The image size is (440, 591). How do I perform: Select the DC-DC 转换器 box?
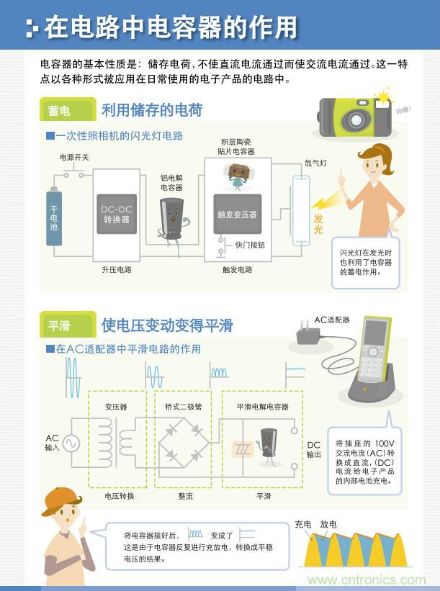[x=115, y=215]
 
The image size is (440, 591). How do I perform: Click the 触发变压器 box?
[x=237, y=214]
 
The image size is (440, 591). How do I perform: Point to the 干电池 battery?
[x=54, y=216]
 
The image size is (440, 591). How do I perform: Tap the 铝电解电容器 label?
[x=171, y=183]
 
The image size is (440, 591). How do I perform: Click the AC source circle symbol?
[x=72, y=442]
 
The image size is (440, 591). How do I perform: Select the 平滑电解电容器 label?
[x=262, y=407]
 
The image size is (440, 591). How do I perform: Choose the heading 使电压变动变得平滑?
[x=167, y=325]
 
